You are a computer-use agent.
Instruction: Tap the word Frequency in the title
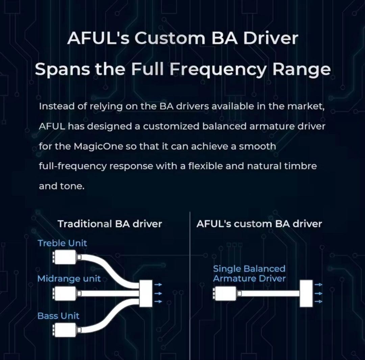coord(219,69)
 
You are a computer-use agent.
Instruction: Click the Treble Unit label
coord(62,243)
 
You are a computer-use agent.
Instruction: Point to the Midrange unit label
coord(69,279)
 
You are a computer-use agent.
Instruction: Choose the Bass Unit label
coord(58,316)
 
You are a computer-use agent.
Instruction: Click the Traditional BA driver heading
coord(110,224)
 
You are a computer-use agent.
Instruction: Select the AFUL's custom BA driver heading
coord(259,224)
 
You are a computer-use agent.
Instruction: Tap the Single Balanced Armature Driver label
coord(249,274)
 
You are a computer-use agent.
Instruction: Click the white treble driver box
coord(66,257)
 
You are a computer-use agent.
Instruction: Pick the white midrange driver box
coord(66,293)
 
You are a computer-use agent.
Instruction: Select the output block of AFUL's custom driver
coord(306,293)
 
